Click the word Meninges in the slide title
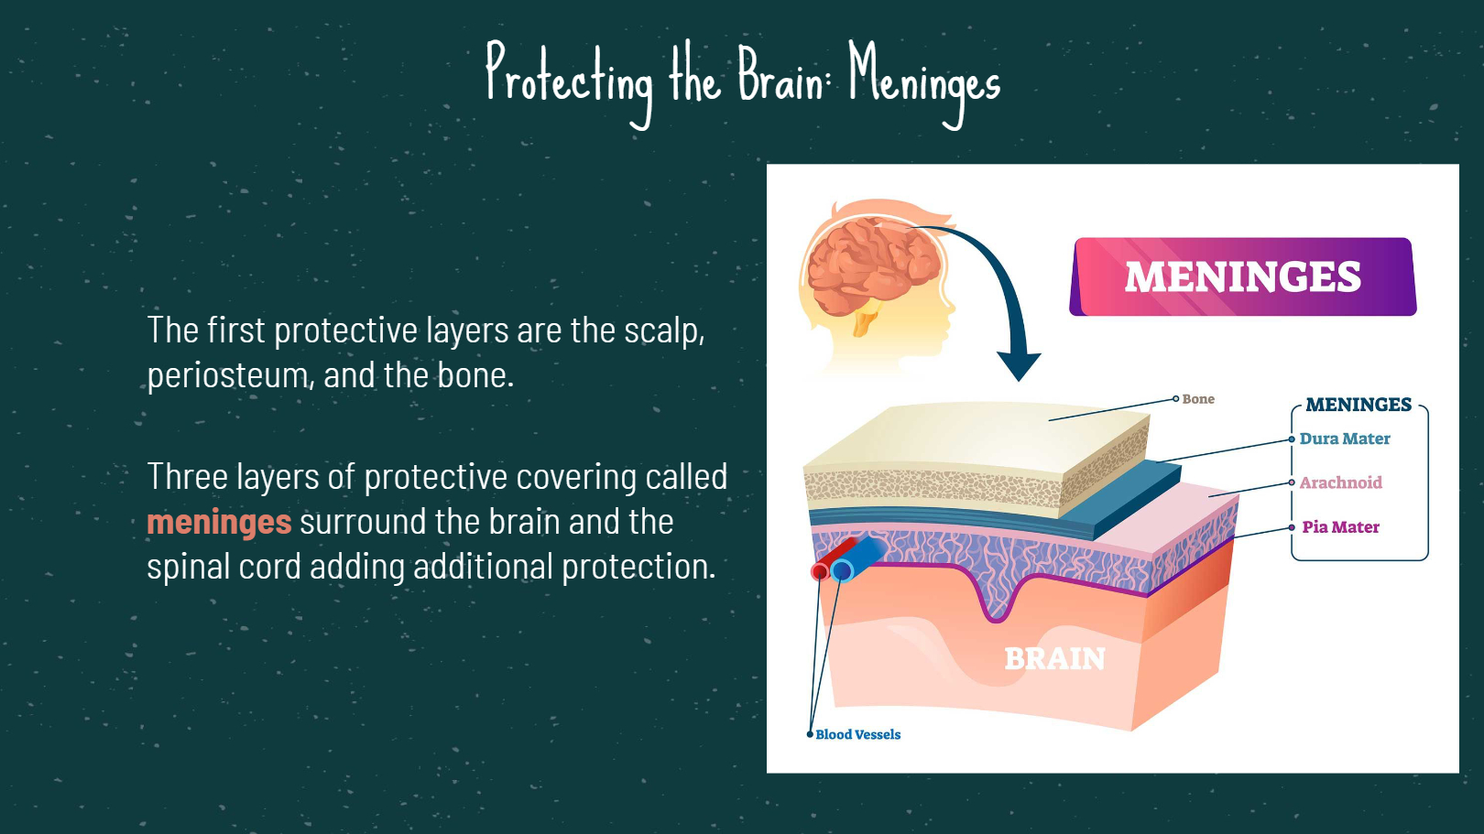point(924,82)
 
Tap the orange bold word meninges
point(219,522)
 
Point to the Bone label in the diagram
point(1198,399)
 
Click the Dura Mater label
point(1345,439)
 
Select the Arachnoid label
point(1341,482)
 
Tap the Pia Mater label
point(1341,527)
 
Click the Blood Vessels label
point(858,735)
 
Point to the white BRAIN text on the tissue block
point(1054,658)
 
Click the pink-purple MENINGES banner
point(1243,276)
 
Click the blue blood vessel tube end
point(842,570)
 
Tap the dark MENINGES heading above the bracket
point(1359,405)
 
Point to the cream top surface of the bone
point(977,437)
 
